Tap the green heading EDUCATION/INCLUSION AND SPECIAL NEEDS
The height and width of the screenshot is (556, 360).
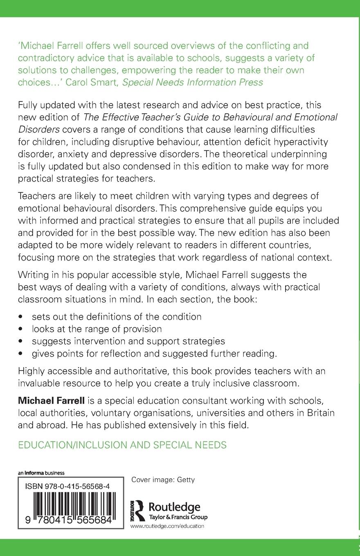[122, 444]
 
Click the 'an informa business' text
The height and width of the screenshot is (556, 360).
[41, 473]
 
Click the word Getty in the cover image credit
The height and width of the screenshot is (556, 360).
[186, 480]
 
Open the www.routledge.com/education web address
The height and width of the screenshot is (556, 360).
[167, 527]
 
